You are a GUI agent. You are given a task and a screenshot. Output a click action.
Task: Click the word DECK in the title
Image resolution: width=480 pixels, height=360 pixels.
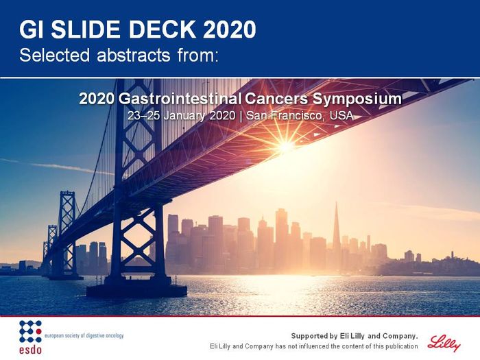tap(161, 29)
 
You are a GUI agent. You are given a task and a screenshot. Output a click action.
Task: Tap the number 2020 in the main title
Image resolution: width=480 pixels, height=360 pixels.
tap(229, 29)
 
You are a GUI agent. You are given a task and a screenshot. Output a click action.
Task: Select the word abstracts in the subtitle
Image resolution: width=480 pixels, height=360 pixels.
tap(133, 55)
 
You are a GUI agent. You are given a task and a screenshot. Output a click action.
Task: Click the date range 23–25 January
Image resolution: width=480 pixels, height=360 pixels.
tap(166, 116)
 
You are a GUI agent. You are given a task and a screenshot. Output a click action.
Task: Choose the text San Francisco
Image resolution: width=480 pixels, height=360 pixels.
tap(285, 116)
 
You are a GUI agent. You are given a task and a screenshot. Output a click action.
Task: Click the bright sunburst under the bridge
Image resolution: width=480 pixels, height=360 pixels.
tap(285, 146)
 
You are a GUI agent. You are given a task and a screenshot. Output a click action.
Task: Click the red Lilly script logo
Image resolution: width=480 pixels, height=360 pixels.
tap(444, 343)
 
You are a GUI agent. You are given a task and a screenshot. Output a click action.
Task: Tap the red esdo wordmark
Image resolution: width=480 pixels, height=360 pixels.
tap(30, 349)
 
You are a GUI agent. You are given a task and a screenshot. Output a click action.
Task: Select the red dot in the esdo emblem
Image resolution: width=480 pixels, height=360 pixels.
tap(38, 331)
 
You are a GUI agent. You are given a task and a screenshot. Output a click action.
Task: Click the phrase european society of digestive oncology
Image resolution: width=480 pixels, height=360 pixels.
tap(84, 335)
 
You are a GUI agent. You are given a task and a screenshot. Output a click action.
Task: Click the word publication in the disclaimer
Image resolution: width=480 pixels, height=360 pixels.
tap(402, 346)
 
